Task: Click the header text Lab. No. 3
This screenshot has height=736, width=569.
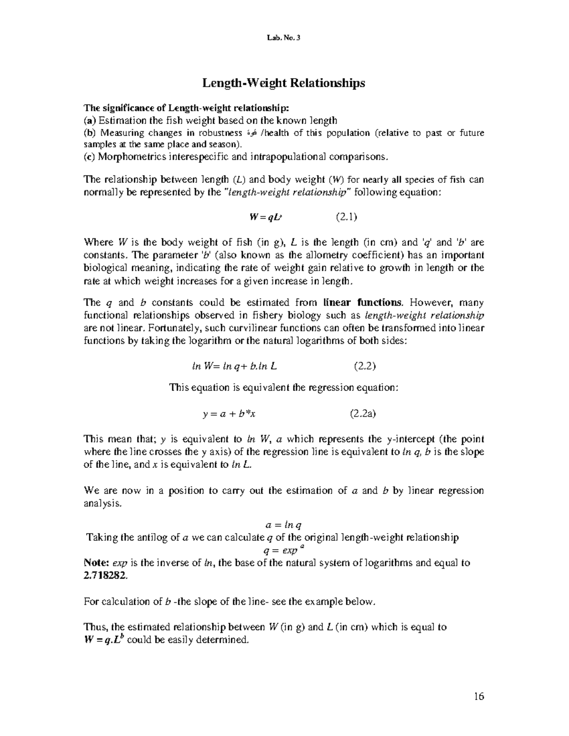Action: [x=284, y=39]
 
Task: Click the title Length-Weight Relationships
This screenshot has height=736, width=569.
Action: [x=284, y=83]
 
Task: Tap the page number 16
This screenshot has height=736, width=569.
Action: [x=478, y=696]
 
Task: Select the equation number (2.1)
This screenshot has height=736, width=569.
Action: [x=346, y=217]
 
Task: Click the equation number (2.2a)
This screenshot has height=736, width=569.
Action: [x=363, y=413]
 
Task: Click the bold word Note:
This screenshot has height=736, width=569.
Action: [x=97, y=563]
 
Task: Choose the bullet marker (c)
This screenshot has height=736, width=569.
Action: [x=89, y=157]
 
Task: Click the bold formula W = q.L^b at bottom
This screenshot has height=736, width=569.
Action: [x=104, y=640]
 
